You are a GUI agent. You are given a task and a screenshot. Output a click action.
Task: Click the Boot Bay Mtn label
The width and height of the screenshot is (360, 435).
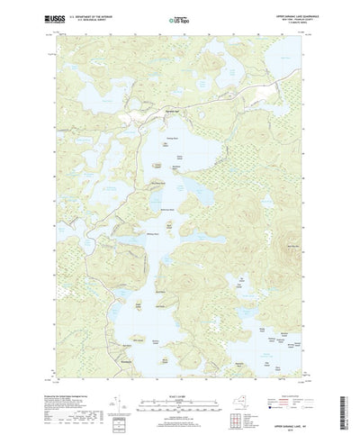(x=294, y=245)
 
